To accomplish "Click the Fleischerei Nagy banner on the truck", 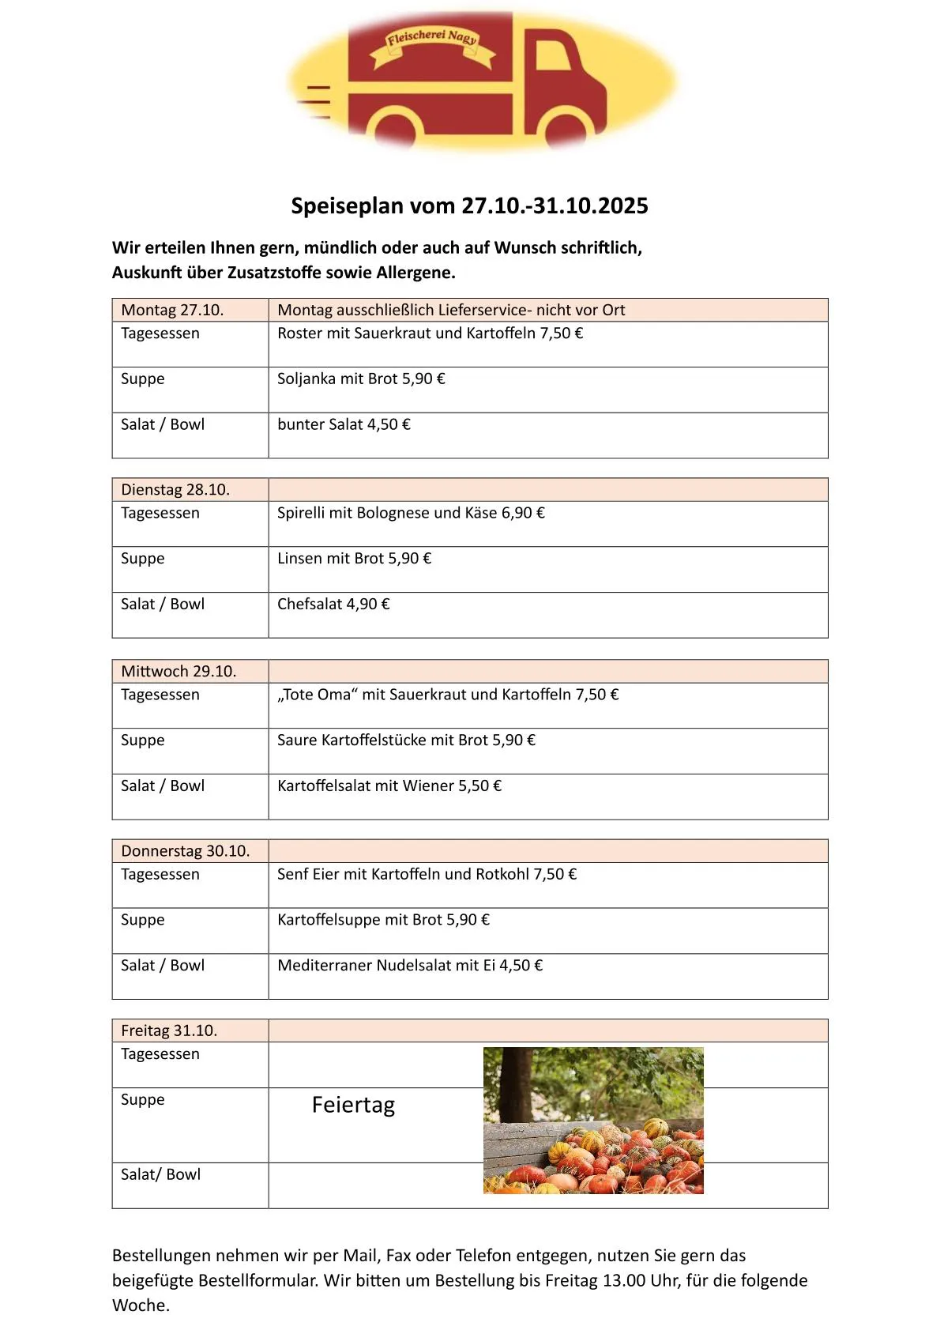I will pos(433,44).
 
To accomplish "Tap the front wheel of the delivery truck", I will pos(564,129).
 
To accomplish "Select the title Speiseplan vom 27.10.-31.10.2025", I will pos(469,206).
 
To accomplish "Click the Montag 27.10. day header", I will pos(172,310).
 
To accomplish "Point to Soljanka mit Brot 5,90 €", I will pos(361,379).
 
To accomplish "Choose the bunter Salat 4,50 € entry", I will pos(344,425).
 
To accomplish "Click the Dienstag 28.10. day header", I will pos(175,490).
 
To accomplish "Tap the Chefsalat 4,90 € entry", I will pos(333,605).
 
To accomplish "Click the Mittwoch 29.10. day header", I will pos(179,672).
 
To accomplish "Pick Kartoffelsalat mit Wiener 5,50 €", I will pos(389,786).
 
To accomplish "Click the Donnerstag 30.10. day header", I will pos(185,851).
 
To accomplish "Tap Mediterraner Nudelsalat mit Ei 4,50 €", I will pos(410,966).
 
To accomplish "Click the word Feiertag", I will pos(353,1105).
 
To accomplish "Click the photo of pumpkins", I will pos(593,1120).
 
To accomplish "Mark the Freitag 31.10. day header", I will pos(169,1030).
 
